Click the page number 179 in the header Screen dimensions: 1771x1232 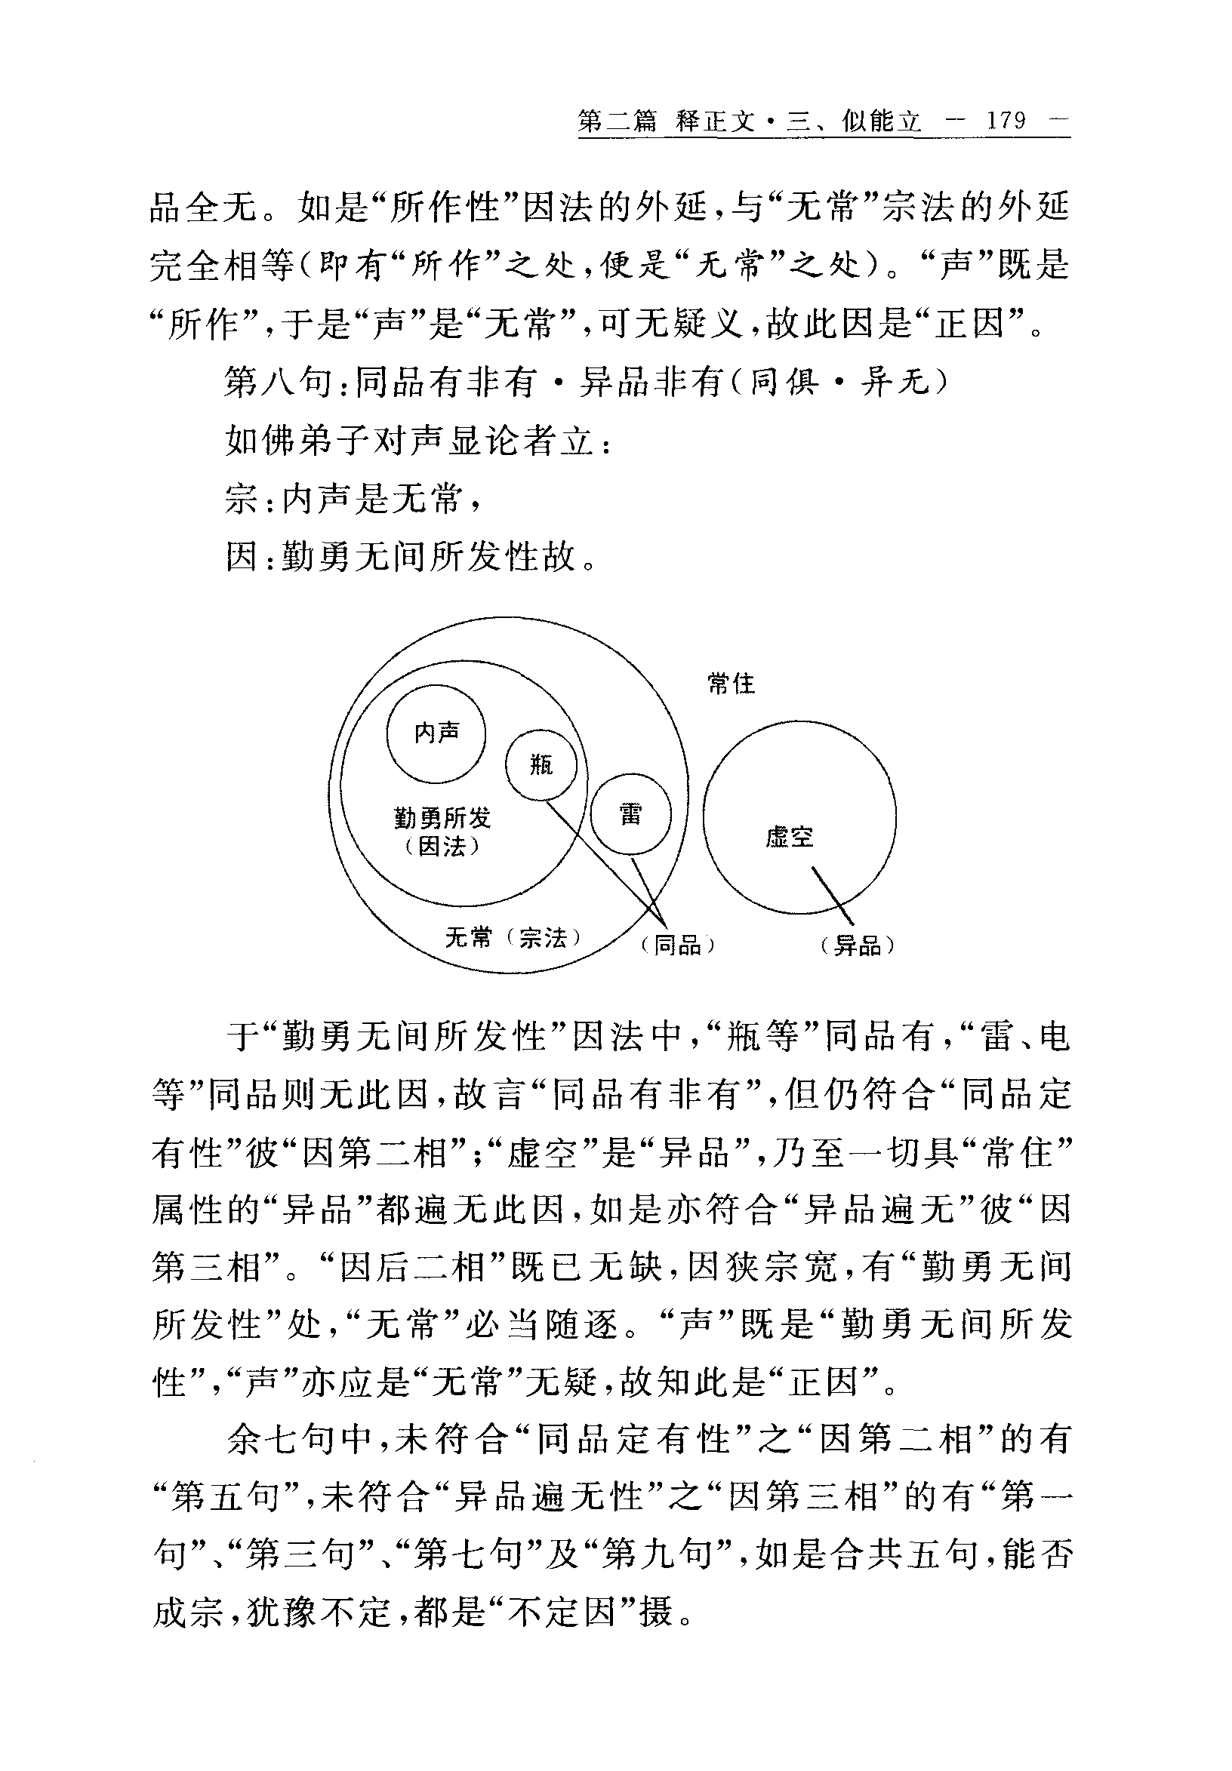click(x=1006, y=121)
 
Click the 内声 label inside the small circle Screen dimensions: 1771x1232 click(x=436, y=732)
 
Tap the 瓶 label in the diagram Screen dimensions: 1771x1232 click(x=541, y=764)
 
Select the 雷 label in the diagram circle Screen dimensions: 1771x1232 click(x=630, y=814)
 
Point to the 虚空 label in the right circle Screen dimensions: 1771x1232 click(x=789, y=837)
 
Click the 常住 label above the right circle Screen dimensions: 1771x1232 click(x=731, y=684)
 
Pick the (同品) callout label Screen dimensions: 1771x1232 click(x=677, y=945)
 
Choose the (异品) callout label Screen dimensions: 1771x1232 click(x=857, y=945)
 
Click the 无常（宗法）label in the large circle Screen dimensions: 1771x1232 click(x=513, y=938)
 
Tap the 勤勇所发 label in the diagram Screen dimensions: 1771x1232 click(x=442, y=818)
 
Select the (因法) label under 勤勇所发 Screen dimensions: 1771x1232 click(x=442, y=847)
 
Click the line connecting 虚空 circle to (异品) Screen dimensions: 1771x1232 click(x=833, y=895)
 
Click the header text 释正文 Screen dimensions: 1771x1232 click(x=715, y=121)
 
